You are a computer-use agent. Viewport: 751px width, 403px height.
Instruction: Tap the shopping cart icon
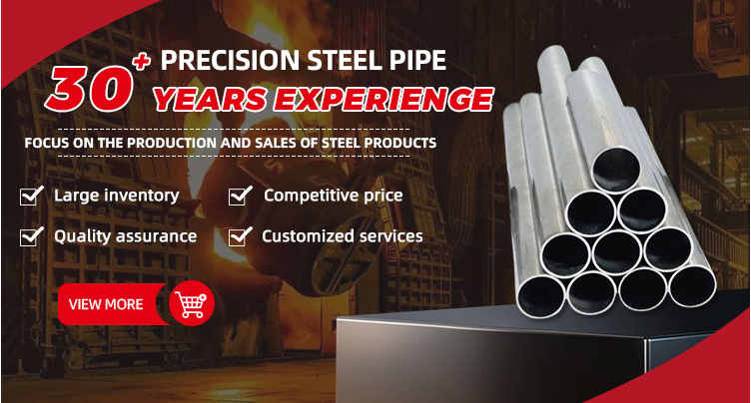click(192, 303)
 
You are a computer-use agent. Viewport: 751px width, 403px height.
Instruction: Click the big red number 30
click(90, 89)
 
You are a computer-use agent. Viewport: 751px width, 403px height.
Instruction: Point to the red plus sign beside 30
click(142, 61)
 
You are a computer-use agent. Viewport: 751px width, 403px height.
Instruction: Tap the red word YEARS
click(210, 100)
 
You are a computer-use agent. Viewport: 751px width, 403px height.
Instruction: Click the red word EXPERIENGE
click(383, 100)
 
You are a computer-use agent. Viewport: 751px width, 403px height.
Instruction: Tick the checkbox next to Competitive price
click(240, 196)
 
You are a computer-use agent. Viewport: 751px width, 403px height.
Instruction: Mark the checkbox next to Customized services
click(240, 236)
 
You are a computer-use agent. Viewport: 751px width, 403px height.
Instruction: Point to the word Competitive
click(311, 197)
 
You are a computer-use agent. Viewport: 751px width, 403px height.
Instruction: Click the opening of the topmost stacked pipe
click(616, 170)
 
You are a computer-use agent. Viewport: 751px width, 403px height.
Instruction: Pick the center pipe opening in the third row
click(616, 252)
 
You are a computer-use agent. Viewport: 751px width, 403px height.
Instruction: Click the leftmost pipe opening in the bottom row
click(541, 296)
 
